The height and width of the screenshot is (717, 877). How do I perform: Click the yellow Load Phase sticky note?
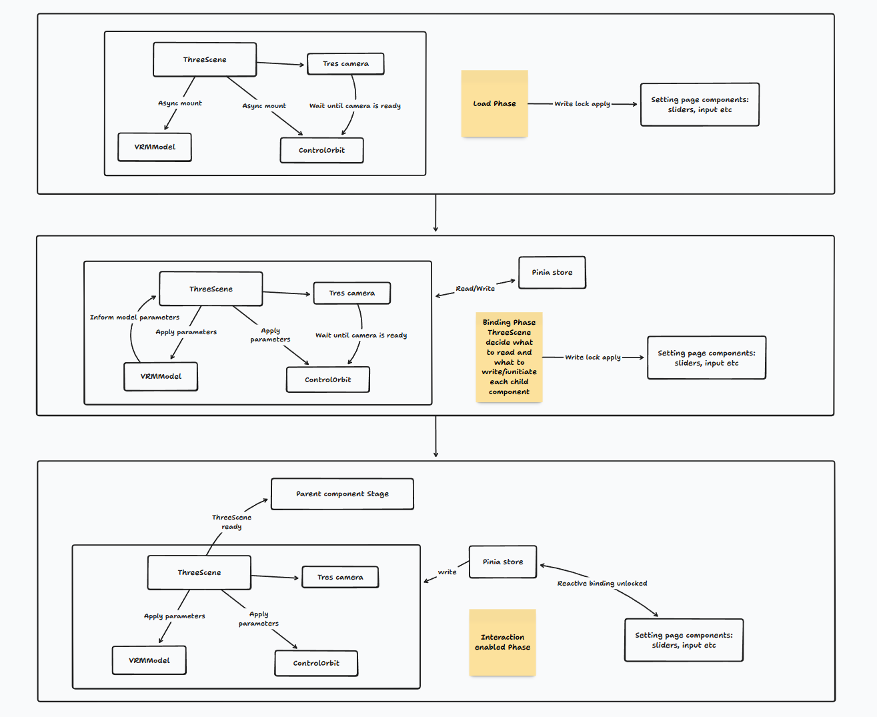pos(494,103)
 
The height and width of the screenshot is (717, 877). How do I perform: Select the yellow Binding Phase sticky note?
pos(509,357)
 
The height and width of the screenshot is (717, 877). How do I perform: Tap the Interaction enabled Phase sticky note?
pos(502,642)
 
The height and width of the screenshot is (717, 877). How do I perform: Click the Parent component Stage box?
pos(342,494)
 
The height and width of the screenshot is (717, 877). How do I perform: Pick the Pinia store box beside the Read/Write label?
pos(552,272)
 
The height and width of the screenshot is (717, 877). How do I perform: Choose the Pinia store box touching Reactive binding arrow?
pos(503,562)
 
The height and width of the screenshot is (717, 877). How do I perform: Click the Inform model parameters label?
pos(135,317)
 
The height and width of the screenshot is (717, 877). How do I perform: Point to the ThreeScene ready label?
pos(231,522)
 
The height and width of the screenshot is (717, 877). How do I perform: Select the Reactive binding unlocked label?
pos(602,584)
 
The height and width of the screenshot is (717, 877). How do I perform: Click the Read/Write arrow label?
pos(475,289)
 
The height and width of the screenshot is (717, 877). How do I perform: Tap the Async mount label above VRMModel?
pos(179,103)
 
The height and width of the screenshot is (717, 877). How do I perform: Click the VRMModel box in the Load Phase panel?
pos(155,147)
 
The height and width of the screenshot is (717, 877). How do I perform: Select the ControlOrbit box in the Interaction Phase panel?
pos(316,663)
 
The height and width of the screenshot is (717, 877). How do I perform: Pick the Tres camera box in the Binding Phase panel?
pos(351,293)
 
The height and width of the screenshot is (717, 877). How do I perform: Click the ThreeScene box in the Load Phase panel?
pos(205,59)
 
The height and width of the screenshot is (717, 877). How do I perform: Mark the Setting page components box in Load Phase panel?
pos(700,105)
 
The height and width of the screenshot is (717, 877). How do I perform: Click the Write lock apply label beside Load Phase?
pos(582,104)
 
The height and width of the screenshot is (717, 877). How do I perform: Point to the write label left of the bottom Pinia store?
pos(447,572)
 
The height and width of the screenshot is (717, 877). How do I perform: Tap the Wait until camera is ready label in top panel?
pos(355,106)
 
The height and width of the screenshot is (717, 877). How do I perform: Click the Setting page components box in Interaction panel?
pos(684,640)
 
